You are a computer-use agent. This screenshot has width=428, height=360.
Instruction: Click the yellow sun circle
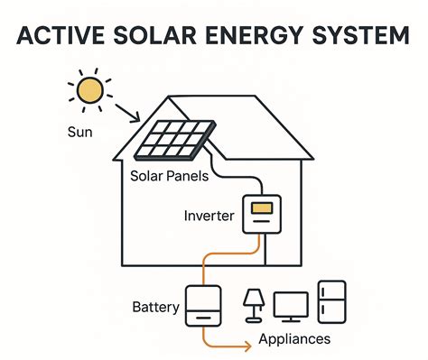(x=89, y=91)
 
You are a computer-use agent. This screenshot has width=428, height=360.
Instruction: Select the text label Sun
(x=79, y=132)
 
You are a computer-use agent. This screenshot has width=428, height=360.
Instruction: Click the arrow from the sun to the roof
(x=125, y=112)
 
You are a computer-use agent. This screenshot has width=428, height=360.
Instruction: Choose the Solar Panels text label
(x=170, y=176)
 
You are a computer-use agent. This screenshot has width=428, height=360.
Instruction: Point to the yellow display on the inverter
(x=261, y=208)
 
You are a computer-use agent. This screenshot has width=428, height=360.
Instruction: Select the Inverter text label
(x=209, y=217)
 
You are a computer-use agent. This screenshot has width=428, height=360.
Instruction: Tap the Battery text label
(x=154, y=307)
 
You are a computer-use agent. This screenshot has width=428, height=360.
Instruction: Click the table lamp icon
(x=254, y=305)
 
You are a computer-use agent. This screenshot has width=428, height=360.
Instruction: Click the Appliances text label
(x=293, y=340)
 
